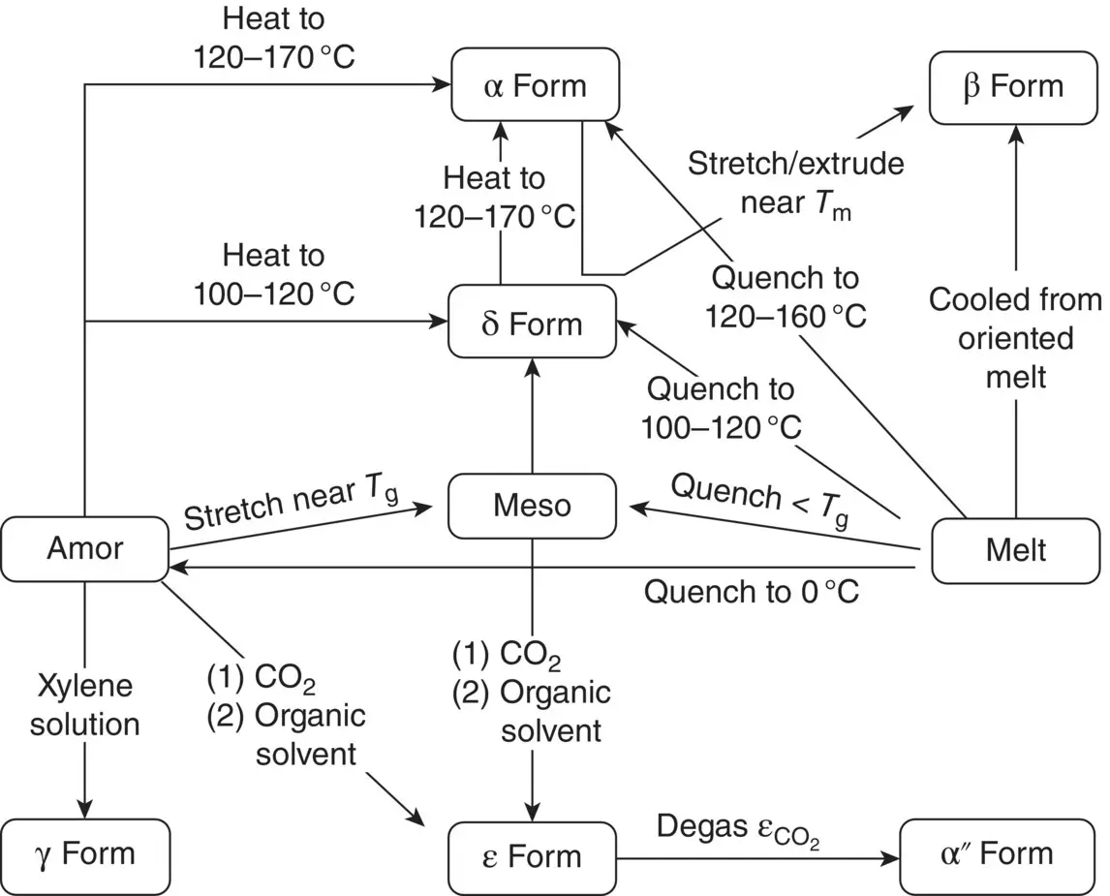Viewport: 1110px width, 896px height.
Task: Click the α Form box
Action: coord(535,86)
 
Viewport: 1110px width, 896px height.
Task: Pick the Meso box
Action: coord(532,505)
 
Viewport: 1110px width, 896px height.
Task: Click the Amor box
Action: coord(85,548)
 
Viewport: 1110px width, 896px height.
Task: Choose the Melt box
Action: coord(1016,549)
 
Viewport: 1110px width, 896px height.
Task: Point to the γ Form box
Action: coord(85,854)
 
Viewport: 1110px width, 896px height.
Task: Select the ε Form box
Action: coord(533,855)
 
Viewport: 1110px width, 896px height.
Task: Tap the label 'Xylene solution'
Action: coord(85,705)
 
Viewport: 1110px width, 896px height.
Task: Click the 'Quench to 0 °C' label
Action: coord(752,591)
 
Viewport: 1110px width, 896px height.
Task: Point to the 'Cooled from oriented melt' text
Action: coord(1015,338)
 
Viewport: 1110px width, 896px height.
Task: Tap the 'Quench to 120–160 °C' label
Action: coord(786,296)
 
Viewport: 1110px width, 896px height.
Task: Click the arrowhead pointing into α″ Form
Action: coord(889,857)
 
